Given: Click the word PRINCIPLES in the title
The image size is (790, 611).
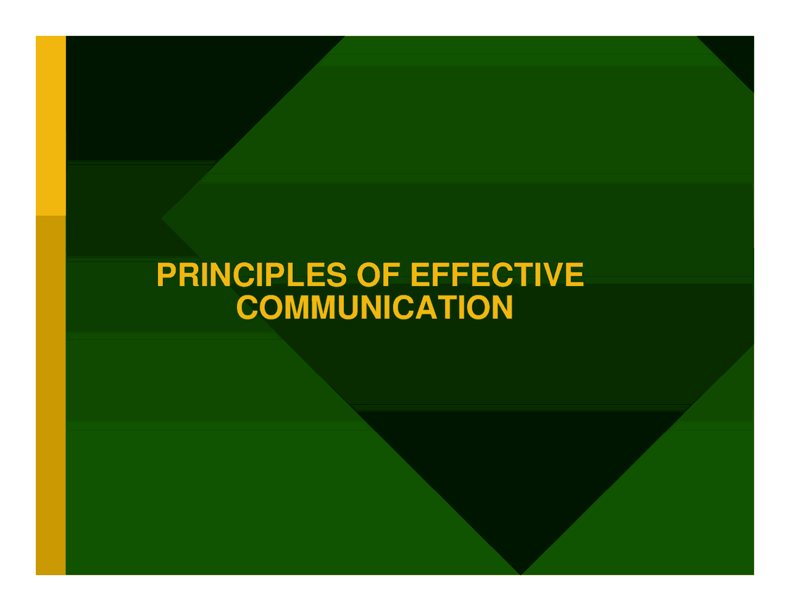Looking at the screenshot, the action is (252, 275).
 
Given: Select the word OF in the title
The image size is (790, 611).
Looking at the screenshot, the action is (378, 275).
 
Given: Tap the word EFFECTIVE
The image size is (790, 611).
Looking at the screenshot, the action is (497, 275).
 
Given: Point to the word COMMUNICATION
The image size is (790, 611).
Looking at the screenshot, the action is (375, 308).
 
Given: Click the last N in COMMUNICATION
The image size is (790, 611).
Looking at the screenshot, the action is (502, 308).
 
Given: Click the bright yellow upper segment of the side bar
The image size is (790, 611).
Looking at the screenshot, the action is (51, 125).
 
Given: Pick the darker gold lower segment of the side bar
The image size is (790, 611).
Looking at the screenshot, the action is (51, 395).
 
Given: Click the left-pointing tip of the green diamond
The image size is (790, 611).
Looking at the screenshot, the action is (162, 218).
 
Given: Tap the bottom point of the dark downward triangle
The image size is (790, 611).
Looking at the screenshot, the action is (521, 575).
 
